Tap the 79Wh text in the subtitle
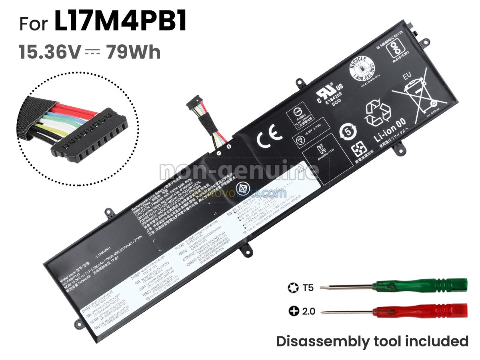click(x=133, y=52)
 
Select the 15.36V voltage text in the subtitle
click(x=50, y=52)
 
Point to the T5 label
click(x=308, y=287)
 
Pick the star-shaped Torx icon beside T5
click(x=292, y=287)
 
